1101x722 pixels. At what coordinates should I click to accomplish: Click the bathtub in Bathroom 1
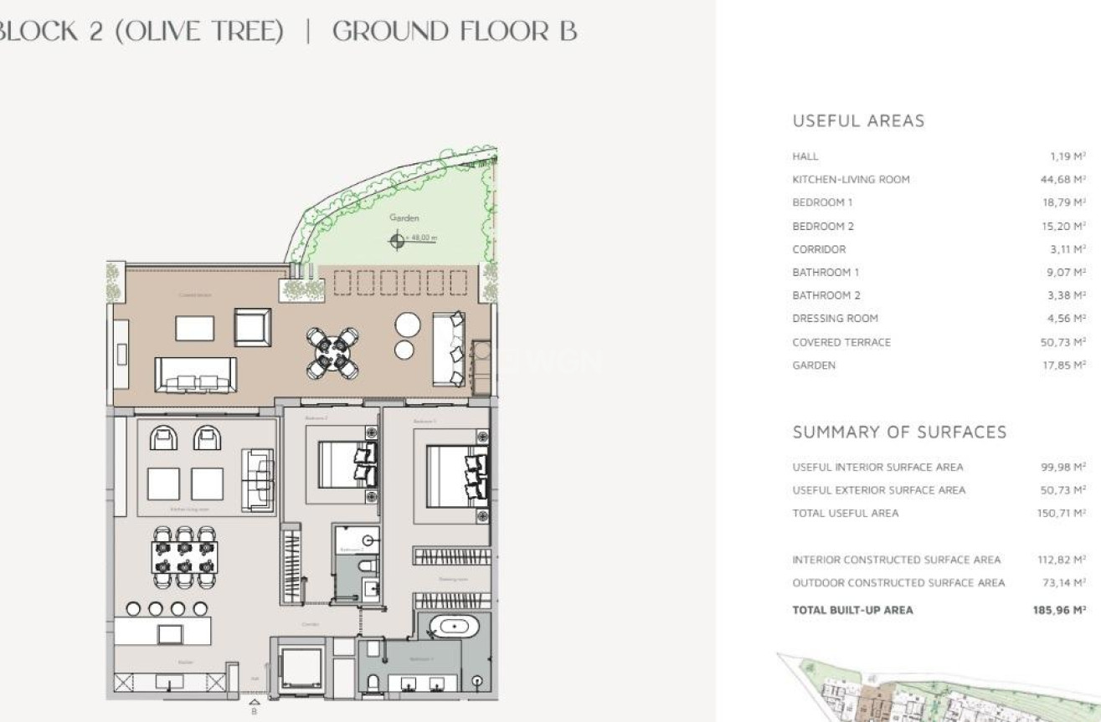pyautogui.click(x=454, y=626)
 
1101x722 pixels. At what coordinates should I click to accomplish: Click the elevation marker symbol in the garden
pyautogui.click(x=397, y=239)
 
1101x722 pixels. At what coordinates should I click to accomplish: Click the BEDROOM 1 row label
pyautogui.click(x=822, y=202)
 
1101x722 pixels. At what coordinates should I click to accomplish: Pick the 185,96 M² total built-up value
pyautogui.click(x=1059, y=610)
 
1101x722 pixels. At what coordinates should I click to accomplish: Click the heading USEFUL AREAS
pyautogui.click(x=858, y=121)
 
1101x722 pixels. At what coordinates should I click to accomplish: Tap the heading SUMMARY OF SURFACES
pyautogui.click(x=899, y=432)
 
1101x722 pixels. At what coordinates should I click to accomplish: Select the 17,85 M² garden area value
pyautogui.click(x=1062, y=365)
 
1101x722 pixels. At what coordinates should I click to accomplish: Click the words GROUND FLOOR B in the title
pyautogui.click(x=455, y=32)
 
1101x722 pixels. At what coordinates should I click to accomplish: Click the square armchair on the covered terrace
pyautogui.click(x=252, y=327)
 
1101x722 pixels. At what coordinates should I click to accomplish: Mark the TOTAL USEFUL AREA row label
pyautogui.click(x=845, y=513)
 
